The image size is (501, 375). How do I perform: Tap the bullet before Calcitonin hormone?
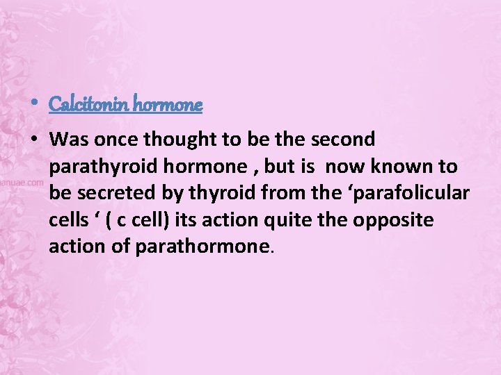point(35,105)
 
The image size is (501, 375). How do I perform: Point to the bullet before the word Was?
point(34,140)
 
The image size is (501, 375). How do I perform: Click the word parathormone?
point(202,247)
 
